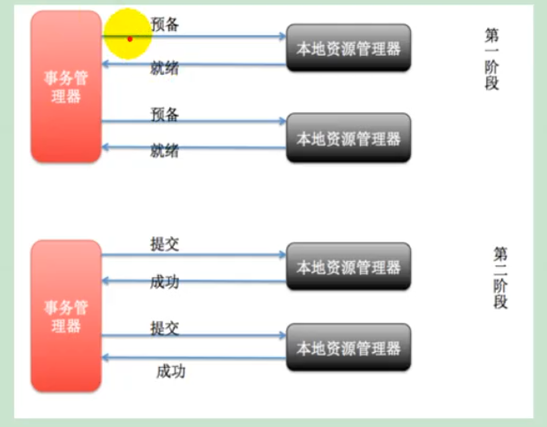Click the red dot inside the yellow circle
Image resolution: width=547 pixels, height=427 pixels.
click(x=130, y=38)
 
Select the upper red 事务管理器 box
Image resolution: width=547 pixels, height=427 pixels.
click(x=66, y=86)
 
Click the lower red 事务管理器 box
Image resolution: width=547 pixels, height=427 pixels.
click(x=66, y=316)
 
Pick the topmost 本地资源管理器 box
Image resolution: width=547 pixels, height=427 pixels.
click(x=348, y=49)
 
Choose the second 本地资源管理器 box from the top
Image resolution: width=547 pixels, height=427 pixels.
click(x=348, y=139)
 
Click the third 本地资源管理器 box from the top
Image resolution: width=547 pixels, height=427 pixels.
click(x=348, y=266)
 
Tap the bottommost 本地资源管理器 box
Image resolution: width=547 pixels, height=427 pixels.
click(x=348, y=348)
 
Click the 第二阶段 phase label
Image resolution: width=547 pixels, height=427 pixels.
click(x=500, y=278)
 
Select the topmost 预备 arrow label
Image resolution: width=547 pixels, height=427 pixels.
click(x=164, y=25)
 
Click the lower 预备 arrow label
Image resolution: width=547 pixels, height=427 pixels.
click(x=164, y=114)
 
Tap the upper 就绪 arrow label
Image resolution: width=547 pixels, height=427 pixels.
click(x=164, y=68)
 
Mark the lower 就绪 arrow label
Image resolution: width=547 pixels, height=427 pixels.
click(x=164, y=151)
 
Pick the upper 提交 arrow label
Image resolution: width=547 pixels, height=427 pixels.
click(x=164, y=244)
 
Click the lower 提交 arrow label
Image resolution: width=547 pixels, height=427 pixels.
click(x=164, y=328)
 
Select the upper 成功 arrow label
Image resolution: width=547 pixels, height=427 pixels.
click(x=164, y=282)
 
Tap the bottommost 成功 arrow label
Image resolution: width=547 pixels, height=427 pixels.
click(x=170, y=371)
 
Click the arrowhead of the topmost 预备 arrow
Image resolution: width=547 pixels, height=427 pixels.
click(x=282, y=37)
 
